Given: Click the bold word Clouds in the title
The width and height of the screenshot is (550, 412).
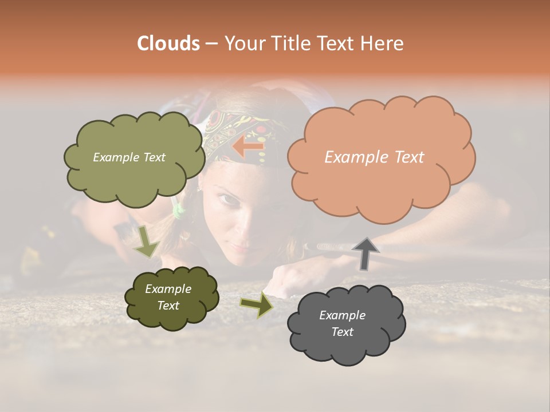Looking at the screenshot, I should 168,43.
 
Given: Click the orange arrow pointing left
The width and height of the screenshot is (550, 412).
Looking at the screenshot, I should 247,146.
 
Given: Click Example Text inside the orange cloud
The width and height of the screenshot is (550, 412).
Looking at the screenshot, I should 374,157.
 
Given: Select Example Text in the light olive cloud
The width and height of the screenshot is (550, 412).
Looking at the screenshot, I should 129,157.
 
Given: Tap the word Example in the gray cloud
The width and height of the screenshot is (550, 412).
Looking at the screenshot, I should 342,315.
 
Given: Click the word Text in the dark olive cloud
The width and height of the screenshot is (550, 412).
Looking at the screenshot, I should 168,306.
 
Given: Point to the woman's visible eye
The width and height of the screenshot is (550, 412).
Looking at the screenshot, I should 227,200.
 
